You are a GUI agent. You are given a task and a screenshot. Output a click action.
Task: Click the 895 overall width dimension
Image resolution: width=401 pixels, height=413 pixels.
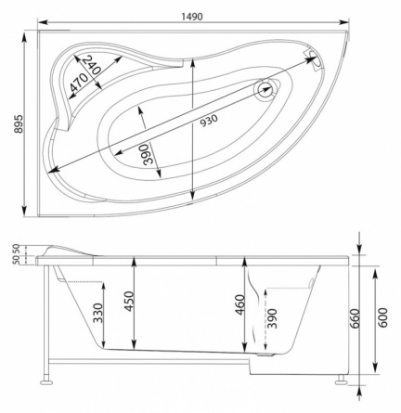[19, 123]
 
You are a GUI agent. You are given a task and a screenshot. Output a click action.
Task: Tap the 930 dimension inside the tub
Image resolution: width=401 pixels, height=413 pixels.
[209, 121]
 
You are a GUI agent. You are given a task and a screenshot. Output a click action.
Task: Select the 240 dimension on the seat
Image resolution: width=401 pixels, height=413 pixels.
[93, 64]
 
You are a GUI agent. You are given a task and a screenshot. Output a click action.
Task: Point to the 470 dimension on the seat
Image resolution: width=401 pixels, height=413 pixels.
[78, 83]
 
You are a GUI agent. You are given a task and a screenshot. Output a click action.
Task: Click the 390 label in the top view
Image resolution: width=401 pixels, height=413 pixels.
[149, 154]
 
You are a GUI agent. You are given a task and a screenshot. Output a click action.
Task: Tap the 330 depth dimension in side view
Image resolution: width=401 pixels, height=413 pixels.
[98, 313]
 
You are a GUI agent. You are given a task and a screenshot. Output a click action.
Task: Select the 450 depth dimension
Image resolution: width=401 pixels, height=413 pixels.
[129, 302]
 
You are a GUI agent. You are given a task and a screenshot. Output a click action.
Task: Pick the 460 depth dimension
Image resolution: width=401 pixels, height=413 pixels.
[239, 304]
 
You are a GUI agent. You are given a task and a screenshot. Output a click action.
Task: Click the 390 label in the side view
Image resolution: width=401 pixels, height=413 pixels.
[272, 318]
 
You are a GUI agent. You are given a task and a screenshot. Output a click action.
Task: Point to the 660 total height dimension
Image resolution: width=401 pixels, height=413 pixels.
[355, 318]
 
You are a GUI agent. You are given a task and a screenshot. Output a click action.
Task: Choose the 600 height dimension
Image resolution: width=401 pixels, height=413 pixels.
[382, 317]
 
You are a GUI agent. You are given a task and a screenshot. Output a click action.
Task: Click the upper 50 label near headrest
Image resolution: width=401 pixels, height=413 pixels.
[17, 249]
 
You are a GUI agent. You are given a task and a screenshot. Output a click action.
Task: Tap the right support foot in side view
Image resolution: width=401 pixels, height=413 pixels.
[342, 381]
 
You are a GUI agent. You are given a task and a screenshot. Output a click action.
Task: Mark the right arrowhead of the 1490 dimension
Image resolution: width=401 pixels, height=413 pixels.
[344, 22]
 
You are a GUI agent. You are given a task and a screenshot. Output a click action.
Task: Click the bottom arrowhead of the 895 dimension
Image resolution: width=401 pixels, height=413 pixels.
[24, 212]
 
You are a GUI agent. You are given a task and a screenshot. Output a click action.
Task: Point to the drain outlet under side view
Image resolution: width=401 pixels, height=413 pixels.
[265, 355]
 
